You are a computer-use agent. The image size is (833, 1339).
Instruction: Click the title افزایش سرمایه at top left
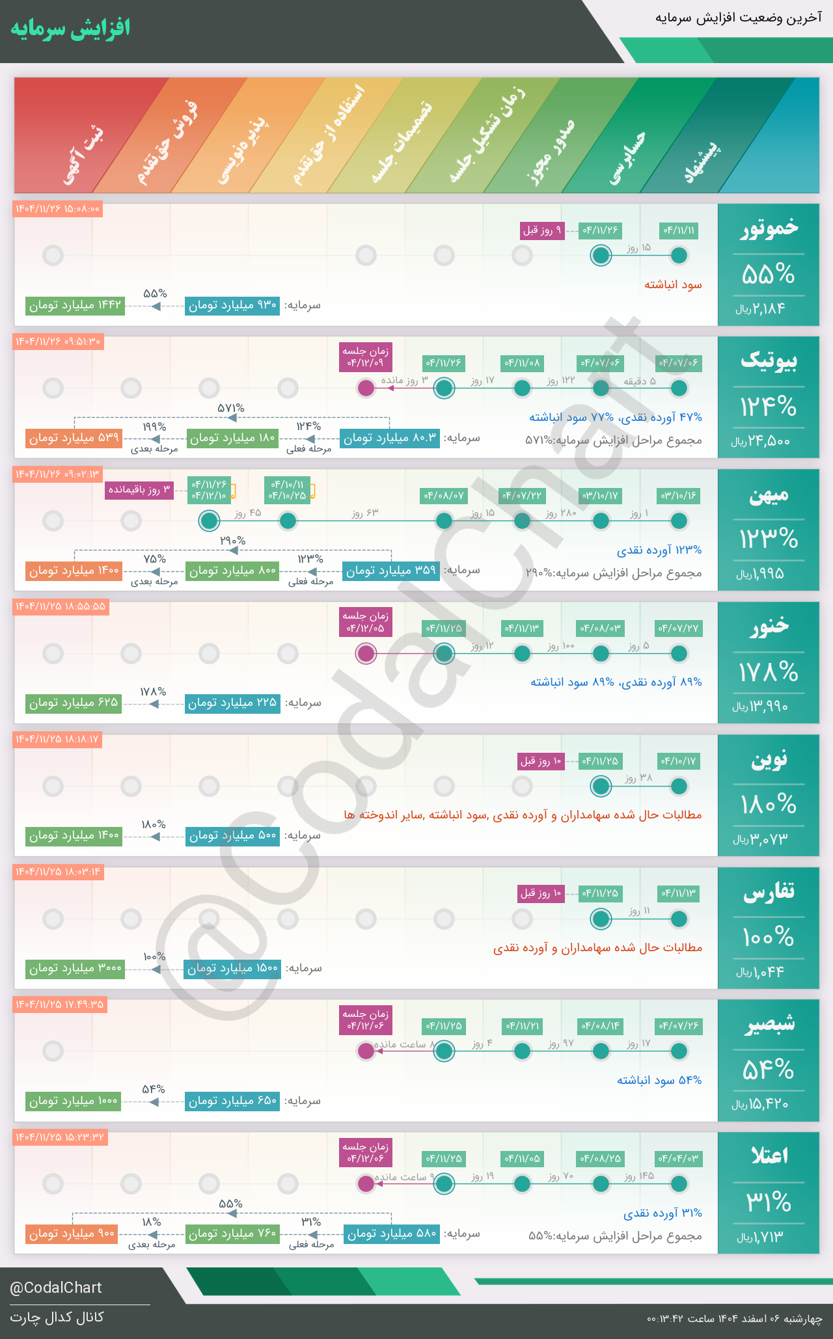pos(70,29)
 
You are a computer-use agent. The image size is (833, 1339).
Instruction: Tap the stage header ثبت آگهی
pos(83,156)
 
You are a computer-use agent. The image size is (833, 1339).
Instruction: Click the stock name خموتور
pos(769,228)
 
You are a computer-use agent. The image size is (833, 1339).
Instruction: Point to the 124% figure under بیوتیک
pos(768,407)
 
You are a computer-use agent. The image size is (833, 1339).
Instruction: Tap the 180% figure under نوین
pos(768,805)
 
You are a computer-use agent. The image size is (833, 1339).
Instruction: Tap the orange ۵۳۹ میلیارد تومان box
pos(74,438)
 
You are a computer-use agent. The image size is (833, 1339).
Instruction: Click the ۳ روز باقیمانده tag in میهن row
pos(139,489)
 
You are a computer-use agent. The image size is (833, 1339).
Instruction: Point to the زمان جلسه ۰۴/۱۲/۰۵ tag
pos(366,622)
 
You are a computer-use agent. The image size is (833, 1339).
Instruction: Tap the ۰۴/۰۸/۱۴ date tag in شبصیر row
pos(601,1026)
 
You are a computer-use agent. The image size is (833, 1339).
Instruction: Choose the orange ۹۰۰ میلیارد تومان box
pos(72,1233)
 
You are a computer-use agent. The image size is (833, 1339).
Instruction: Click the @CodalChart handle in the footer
pos(56,1288)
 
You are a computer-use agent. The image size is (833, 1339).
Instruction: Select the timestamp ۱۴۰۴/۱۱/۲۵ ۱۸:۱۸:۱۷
pos(57,739)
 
